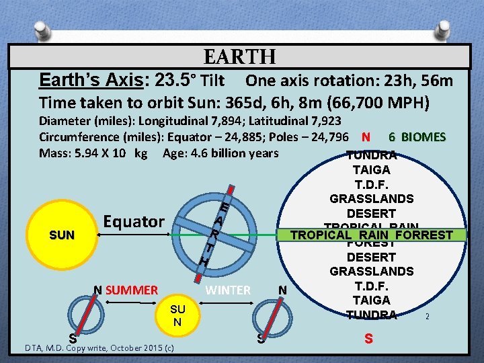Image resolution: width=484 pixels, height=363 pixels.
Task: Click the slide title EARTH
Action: pyautogui.click(x=239, y=57)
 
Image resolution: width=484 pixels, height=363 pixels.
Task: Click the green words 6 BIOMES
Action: pyautogui.click(x=417, y=137)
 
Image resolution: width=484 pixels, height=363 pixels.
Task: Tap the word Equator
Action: pyautogui.click(x=133, y=221)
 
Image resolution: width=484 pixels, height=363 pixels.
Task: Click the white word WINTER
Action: pyautogui.click(x=227, y=290)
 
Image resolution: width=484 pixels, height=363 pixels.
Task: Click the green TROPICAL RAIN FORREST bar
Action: pyautogui.click(x=371, y=235)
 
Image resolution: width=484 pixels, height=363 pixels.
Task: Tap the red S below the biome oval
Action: pyautogui.click(x=368, y=339)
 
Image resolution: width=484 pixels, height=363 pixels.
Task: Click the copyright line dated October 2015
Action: pyautogui.click(x=99, y=348)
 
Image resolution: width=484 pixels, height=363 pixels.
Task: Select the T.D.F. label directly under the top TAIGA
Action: pyautogui.click(x=371, y=184)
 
